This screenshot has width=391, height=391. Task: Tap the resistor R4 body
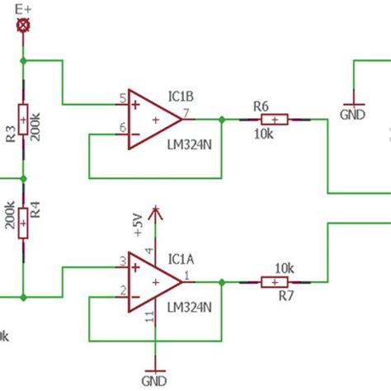pos(23,219)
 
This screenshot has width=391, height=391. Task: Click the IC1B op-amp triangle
pos(153,119)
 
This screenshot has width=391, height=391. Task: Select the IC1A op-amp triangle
pos(153,282)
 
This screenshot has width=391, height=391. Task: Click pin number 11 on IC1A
pos(150,319)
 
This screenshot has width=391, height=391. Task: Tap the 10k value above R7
pos(284,268)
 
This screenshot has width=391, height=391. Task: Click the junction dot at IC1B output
pos(221,120)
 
